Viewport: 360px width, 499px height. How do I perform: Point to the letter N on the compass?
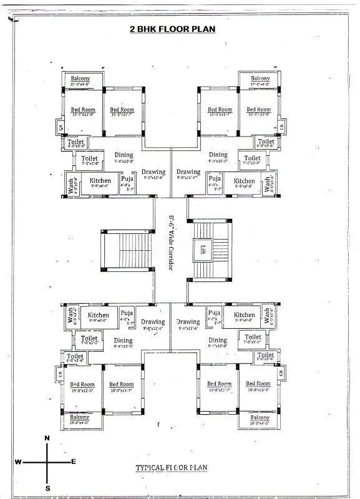click(47, 438)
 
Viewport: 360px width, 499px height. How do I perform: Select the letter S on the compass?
click(47, 487)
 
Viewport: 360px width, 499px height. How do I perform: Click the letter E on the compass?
click(74, 462)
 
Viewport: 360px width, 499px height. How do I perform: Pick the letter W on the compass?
click(19, 462)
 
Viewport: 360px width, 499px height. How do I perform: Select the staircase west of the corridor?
click(127, 250)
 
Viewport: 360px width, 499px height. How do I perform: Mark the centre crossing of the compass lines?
click(47, 462)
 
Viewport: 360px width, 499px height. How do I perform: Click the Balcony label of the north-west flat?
click(80, 78)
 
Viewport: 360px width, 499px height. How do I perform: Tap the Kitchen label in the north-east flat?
click(244, 181)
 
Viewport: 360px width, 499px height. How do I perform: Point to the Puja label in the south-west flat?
click(127, 312)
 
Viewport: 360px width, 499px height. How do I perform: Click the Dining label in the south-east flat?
click(218, 341)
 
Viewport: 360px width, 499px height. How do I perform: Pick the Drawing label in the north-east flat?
click(188, 172)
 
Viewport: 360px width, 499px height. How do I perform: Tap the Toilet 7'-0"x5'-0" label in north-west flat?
click(89, 159)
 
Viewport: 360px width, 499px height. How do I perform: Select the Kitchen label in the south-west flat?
click(99, 316)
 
